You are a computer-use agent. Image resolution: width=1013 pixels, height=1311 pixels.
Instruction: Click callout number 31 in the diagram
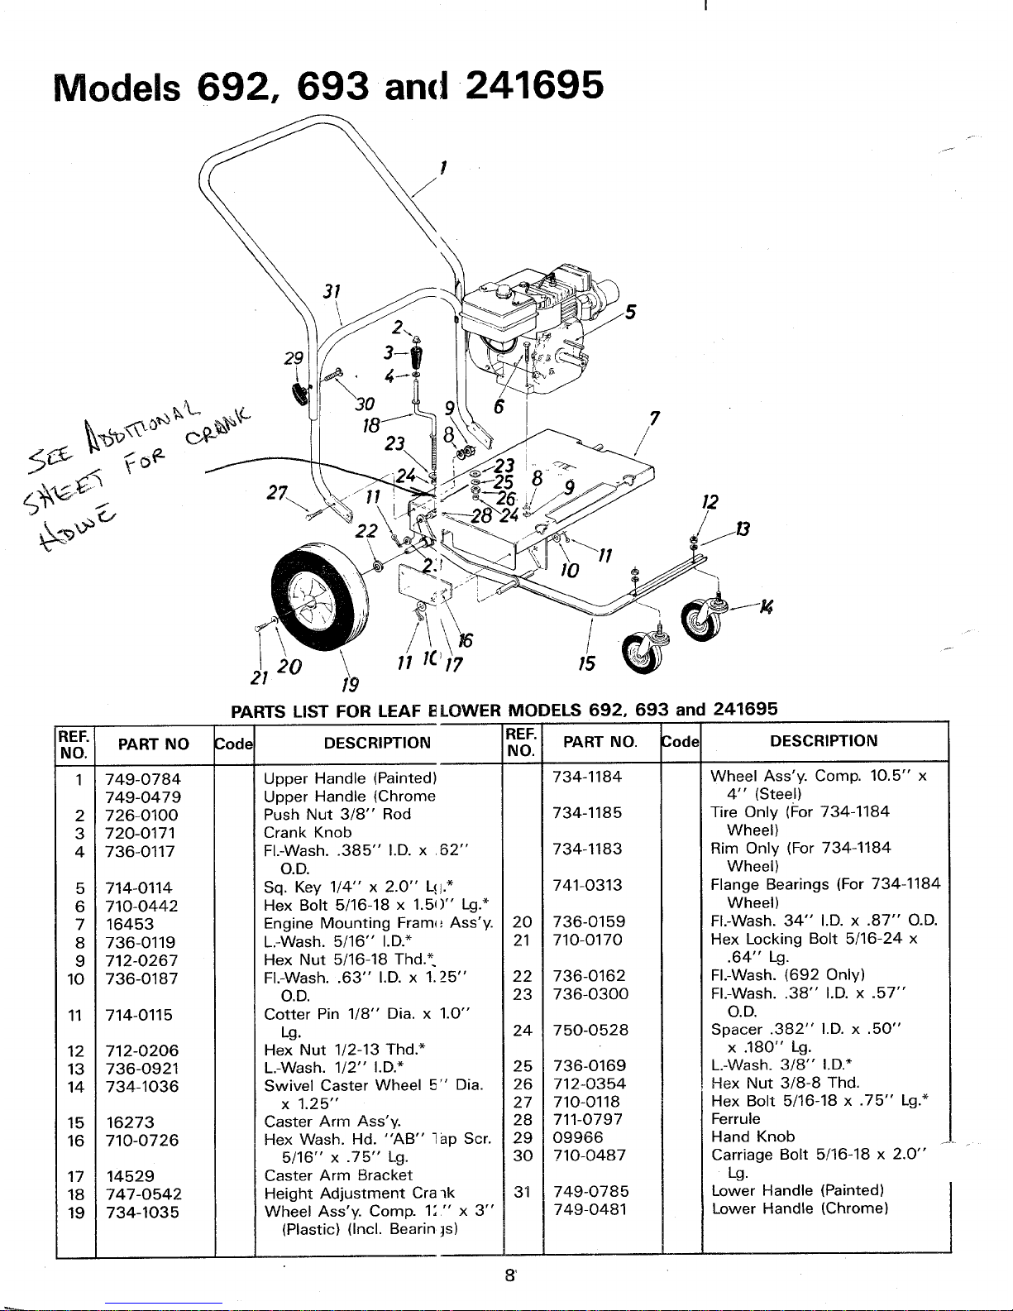tap(332, 292)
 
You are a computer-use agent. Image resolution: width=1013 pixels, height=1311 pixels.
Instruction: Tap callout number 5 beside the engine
tap(631, 313)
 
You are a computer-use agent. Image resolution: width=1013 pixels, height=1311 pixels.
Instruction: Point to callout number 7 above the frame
tap(653, 419)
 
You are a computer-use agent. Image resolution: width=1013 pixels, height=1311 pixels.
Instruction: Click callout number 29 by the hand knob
tap(293, 359)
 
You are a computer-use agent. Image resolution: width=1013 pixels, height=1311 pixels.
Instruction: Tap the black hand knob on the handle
tap(299, 395)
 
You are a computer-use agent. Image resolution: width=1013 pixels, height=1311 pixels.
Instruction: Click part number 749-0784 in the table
tap(143, 778)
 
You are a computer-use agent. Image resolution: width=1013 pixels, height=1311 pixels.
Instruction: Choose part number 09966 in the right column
tap(578, 1137)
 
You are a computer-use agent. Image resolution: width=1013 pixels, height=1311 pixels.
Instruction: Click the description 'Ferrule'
tap(735, 1119)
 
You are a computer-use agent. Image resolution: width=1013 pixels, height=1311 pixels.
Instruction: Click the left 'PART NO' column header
tap(154, 744)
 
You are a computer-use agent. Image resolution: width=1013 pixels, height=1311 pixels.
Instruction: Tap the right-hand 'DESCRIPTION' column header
tap(824, 741)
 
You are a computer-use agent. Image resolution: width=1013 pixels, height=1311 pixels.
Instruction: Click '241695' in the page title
tap(533, 85)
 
